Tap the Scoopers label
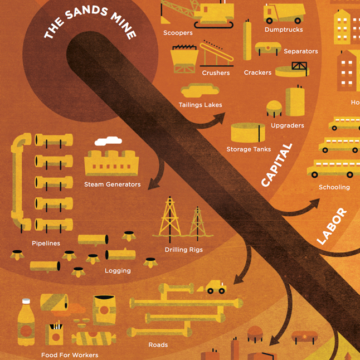pos(178,33)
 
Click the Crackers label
pos(257,72)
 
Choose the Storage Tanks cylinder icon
pos(248,133)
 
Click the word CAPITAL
pos(277,165)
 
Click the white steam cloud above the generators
pos(108,142)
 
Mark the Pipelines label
pos(46,244)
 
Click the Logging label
pos(118,271)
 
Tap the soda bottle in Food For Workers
pos(26,321)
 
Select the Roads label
pos(158,345)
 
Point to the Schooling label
pos(334,187)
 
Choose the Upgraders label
pos(287,125)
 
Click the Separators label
pos(300,51)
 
